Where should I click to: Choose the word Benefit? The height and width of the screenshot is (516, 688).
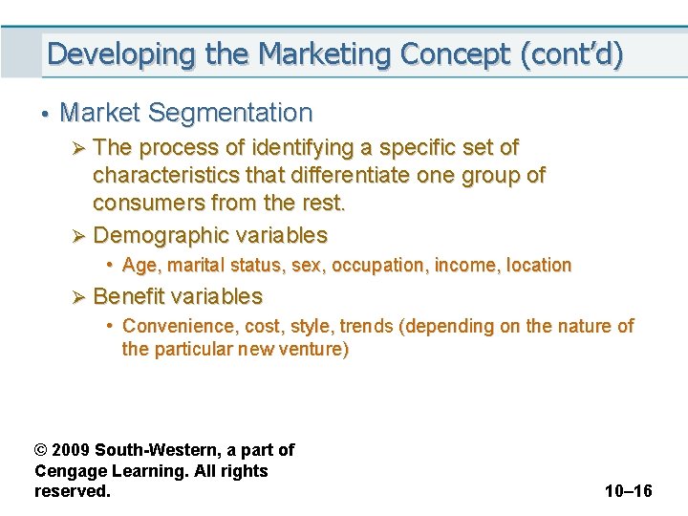click(130, 296)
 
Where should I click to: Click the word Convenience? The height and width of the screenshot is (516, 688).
click(179, 327)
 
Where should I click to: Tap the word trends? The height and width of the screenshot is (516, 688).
click(367, 327)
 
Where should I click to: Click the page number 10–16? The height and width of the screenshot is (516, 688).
click(628, 491)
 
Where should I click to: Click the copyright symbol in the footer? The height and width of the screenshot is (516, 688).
click(41, 450)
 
